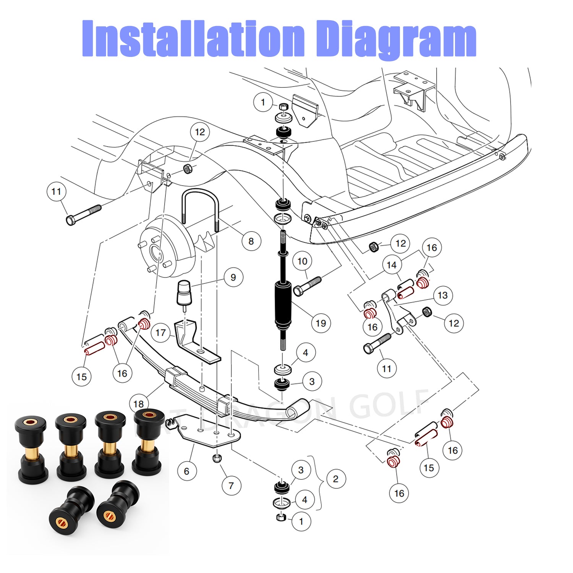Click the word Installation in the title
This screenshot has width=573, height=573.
(193, 38)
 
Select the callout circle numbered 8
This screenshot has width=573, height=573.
(251, 241)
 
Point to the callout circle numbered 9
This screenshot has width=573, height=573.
(233, 277)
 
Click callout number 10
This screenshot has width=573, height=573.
(302, 261)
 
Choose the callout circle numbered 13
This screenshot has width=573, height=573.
(442, 295)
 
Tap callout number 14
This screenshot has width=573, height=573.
(392, 265)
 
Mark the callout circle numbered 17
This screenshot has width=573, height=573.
(160, 333)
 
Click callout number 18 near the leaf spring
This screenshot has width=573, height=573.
(138, 403)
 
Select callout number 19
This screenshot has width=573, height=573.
(321, 323)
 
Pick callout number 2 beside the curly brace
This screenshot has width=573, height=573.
(336, 479)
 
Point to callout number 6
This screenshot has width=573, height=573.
(187, 471)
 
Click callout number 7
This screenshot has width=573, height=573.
(231, 486)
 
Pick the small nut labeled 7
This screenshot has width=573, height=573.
(217, 458)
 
